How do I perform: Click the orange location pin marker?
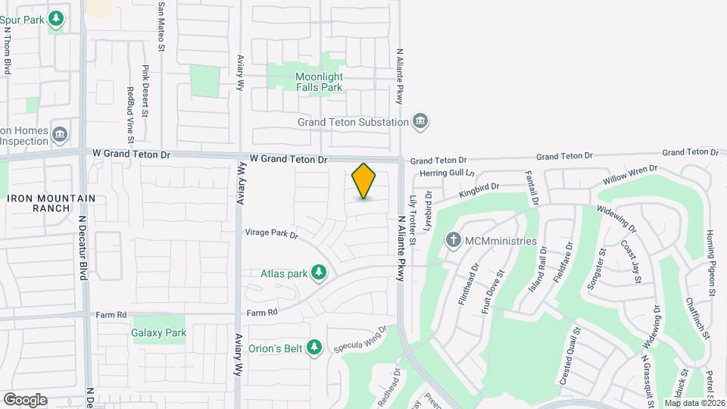[364, 181]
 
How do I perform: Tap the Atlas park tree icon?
[319, 272]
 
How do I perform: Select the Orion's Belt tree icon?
[314, 348]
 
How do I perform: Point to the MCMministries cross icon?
[454, 241]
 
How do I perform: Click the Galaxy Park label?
[159, 333]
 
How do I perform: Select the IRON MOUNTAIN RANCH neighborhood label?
[51, 203]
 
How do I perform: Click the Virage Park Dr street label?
[271, 233]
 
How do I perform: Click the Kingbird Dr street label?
[479, 190]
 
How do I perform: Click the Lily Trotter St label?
[413, 220]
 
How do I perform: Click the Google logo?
[25, 399]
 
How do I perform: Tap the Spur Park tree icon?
[55, 17]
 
